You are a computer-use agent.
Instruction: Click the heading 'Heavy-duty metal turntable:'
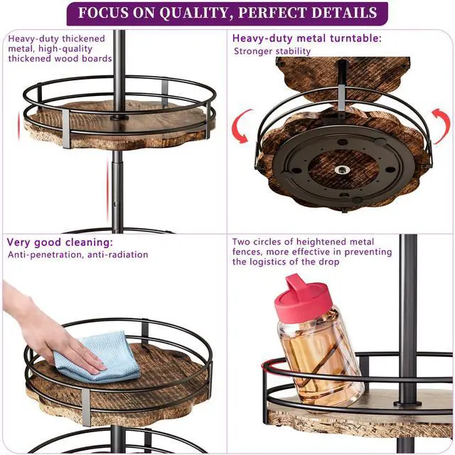pyautogui.click(x=306, y=38)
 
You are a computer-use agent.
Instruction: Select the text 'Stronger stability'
pyautogui.click(x=272, y=51)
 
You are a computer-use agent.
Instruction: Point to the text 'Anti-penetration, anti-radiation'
pyautogui.click(x=77, y=255)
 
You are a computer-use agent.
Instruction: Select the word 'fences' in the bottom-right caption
pyautogui.click(x=247, y=252)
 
